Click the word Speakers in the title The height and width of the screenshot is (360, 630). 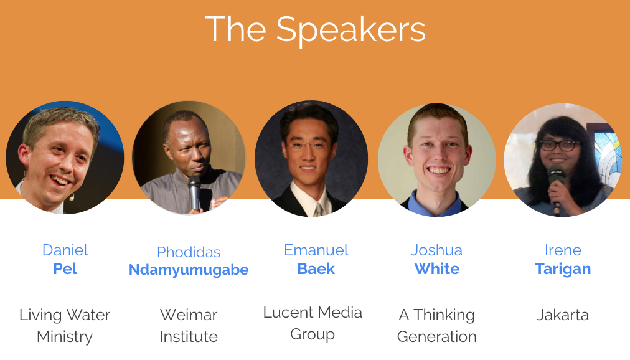pos(350,31)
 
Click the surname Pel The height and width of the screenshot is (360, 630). pos(65,268)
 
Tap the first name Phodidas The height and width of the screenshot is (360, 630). pos(189,252)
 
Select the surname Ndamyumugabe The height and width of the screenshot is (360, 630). pos(189,270)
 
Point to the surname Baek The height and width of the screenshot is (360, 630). pos(316,268)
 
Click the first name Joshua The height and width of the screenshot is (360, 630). pos(437,250)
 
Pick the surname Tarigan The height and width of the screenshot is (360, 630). pos(563,269)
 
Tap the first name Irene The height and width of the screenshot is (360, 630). pos(563,250)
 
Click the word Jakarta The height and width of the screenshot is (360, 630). pos(563,315)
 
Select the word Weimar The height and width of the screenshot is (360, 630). pos(189,315)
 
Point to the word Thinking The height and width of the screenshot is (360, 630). pos(444,315)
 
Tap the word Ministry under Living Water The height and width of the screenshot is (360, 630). pos(65,337)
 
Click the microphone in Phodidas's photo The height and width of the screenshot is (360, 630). pos(194,192)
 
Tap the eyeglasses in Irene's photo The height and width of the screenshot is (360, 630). pos(559,145)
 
